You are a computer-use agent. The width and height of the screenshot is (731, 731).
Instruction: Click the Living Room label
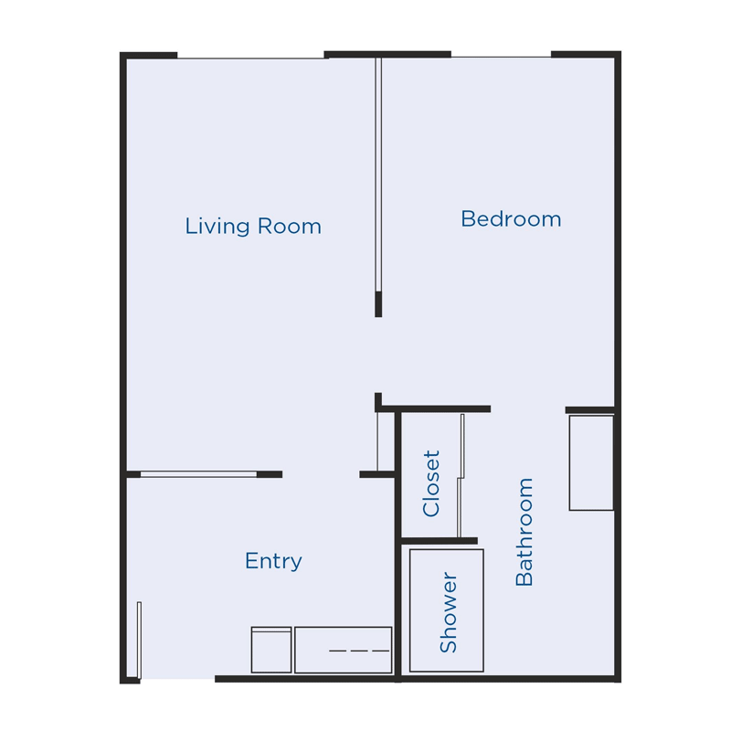(253, 226)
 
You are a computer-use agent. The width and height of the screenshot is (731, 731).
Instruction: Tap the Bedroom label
(511, 219)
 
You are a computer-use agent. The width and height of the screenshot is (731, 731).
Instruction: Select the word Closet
(431, 483)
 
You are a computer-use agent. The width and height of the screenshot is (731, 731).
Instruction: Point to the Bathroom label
(524, 532)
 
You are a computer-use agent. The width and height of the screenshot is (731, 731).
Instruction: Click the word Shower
(448, 612)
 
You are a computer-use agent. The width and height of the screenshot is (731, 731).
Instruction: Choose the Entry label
(273, 561)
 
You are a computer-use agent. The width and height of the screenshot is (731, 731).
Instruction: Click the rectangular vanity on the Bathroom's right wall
(591, 462)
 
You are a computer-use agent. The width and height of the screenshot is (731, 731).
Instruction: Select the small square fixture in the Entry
(271, 651)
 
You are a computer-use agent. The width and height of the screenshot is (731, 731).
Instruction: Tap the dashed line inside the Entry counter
(359, 651)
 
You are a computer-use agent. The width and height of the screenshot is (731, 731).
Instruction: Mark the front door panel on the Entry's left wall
(139, 640)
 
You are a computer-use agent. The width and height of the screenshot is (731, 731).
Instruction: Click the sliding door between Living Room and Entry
(198, 474)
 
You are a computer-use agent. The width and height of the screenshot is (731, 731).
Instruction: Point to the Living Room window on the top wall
(251, 58)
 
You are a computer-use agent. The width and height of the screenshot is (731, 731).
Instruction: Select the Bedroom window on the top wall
(501, 57)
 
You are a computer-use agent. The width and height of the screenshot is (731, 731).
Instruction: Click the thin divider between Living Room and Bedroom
(377, 174)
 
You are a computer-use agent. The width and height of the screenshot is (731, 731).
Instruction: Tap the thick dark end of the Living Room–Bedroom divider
(378, 304)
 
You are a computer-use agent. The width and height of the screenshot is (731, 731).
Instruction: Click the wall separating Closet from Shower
(440, 541)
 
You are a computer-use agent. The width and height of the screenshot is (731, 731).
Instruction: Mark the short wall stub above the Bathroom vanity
(589, 410)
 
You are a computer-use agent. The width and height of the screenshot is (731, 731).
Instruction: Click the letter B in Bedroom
(467, 219)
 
